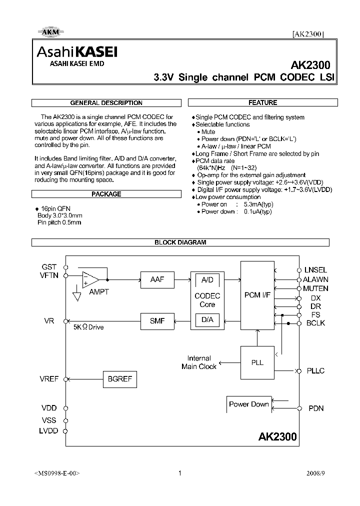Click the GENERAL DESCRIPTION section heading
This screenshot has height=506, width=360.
[x=106, y=103]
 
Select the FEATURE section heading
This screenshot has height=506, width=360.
[x=262, y=102]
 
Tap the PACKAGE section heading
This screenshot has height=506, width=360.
[x=106, y=194]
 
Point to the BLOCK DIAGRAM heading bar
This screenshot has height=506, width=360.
[x=180, y=242]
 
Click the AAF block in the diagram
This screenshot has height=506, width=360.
[x=157, y=279]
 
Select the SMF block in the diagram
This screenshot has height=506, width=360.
[x=157, y=321]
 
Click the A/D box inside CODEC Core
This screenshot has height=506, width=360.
[x=207, y=279]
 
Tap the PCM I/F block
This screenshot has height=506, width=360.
[x=257, y=295]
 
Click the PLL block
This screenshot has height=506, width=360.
[x=257, y=362]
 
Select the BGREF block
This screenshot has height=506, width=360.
[x=120, y=379]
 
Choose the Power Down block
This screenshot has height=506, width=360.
[x=248, y=404]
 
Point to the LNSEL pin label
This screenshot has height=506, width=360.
[x=315, y=270]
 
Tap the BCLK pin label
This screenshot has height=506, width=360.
[x=315, y=323]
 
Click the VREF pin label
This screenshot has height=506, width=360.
[x=49, y=379]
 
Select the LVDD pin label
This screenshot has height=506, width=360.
[x=49, y=430]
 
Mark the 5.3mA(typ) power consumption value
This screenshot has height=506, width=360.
[x=258, y=204]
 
